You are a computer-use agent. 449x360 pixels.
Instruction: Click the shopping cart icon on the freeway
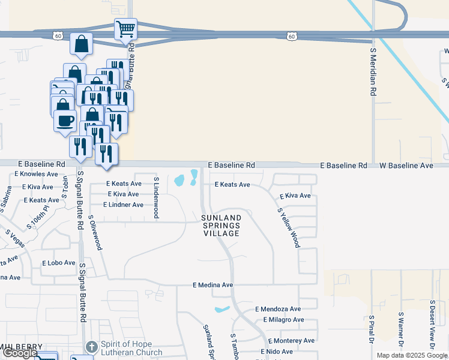coord(125,28)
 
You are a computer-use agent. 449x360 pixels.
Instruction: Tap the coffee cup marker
coord(65,121)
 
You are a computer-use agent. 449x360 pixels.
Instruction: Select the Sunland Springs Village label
coord(221,225)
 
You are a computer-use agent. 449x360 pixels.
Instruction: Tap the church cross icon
coord(91,347)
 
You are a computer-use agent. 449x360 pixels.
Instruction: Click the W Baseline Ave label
coord(406,165)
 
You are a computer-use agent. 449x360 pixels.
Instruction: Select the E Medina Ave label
coord(212,285)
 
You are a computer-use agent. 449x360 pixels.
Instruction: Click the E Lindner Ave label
coord(123,205)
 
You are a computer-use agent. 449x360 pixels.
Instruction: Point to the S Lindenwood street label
coord(156,197)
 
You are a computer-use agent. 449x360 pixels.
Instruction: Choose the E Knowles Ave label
coord(35,174)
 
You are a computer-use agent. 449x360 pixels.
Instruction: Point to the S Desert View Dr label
coord(432,324)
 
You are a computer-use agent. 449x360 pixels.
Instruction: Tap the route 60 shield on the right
coord(291,37)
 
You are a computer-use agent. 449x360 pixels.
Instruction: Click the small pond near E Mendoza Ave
coord(221,310)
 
